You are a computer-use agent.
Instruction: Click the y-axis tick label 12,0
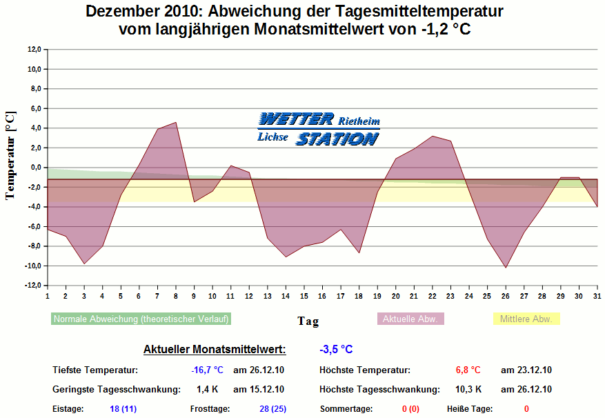34,49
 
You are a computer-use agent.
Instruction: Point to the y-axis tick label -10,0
33,266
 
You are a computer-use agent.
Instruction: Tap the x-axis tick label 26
506,295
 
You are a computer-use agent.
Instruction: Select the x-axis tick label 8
176,295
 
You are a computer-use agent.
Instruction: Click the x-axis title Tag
308,321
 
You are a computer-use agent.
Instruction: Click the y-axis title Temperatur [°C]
10,155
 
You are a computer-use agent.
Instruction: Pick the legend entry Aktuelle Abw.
410,319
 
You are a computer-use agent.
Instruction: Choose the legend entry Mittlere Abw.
526,319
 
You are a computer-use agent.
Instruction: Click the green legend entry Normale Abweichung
141,319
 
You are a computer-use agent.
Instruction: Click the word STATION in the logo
337,139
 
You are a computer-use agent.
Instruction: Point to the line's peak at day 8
176,123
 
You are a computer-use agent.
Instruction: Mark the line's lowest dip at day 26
506,268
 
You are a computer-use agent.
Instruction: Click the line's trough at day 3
84,263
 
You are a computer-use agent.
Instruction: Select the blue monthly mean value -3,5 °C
336,349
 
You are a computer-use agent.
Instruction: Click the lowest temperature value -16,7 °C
207,370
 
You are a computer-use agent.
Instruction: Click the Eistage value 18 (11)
123,408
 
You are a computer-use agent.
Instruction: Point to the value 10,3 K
469,389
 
